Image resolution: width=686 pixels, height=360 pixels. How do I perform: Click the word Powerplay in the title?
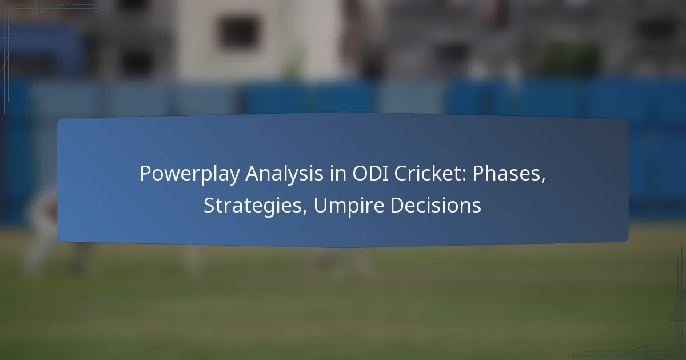pos(190,174)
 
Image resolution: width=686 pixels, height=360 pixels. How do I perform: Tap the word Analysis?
pos(285,173)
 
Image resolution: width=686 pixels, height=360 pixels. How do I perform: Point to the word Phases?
pos(506,173)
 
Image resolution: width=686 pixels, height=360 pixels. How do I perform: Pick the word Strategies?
pos(253,205)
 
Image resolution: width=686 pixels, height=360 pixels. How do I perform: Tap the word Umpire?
pos(349,205)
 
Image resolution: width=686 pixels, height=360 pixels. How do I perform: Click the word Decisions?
pos(436,205)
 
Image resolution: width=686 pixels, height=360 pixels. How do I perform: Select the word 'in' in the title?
pos(338,173)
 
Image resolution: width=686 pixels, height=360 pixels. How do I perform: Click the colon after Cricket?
pos(465,176)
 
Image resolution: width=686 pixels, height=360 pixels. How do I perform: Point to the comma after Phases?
pos(543,181)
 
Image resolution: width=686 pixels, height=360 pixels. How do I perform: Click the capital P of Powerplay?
pos(146,174)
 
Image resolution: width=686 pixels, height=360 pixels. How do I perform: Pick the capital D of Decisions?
pos(397,205)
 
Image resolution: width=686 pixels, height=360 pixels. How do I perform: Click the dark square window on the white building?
pos(238,33)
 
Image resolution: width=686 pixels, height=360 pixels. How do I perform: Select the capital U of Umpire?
pos(321,205)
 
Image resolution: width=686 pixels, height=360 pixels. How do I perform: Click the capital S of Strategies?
pos(209,205)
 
